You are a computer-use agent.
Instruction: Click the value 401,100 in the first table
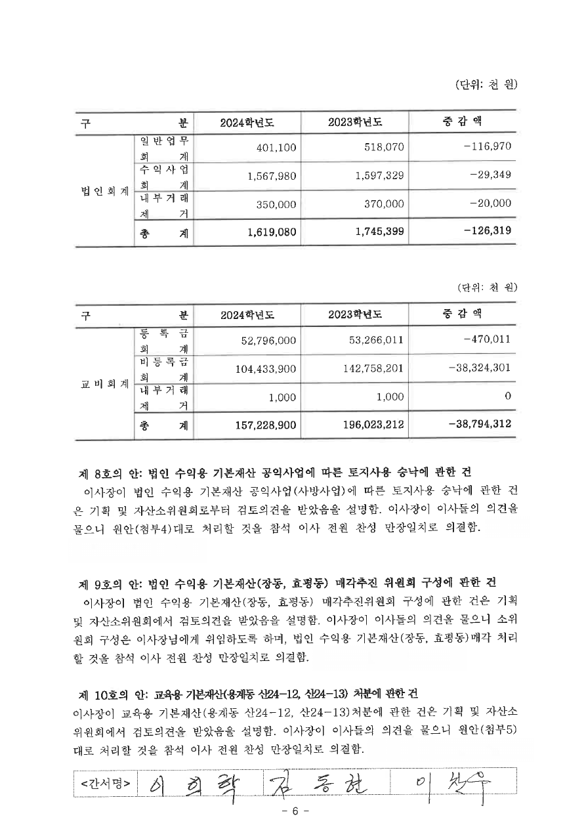[x=276, y=148]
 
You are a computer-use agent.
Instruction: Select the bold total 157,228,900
[x=266, y=425]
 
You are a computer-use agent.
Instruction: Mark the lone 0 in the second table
[x=507, y=396]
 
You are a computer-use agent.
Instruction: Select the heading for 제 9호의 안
[x=287, y=583]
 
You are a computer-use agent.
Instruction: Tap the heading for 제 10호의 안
[x=248, y=693]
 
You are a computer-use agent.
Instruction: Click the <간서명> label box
[x=106, y=783]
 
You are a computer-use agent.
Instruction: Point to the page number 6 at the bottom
[x=295, y=811]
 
